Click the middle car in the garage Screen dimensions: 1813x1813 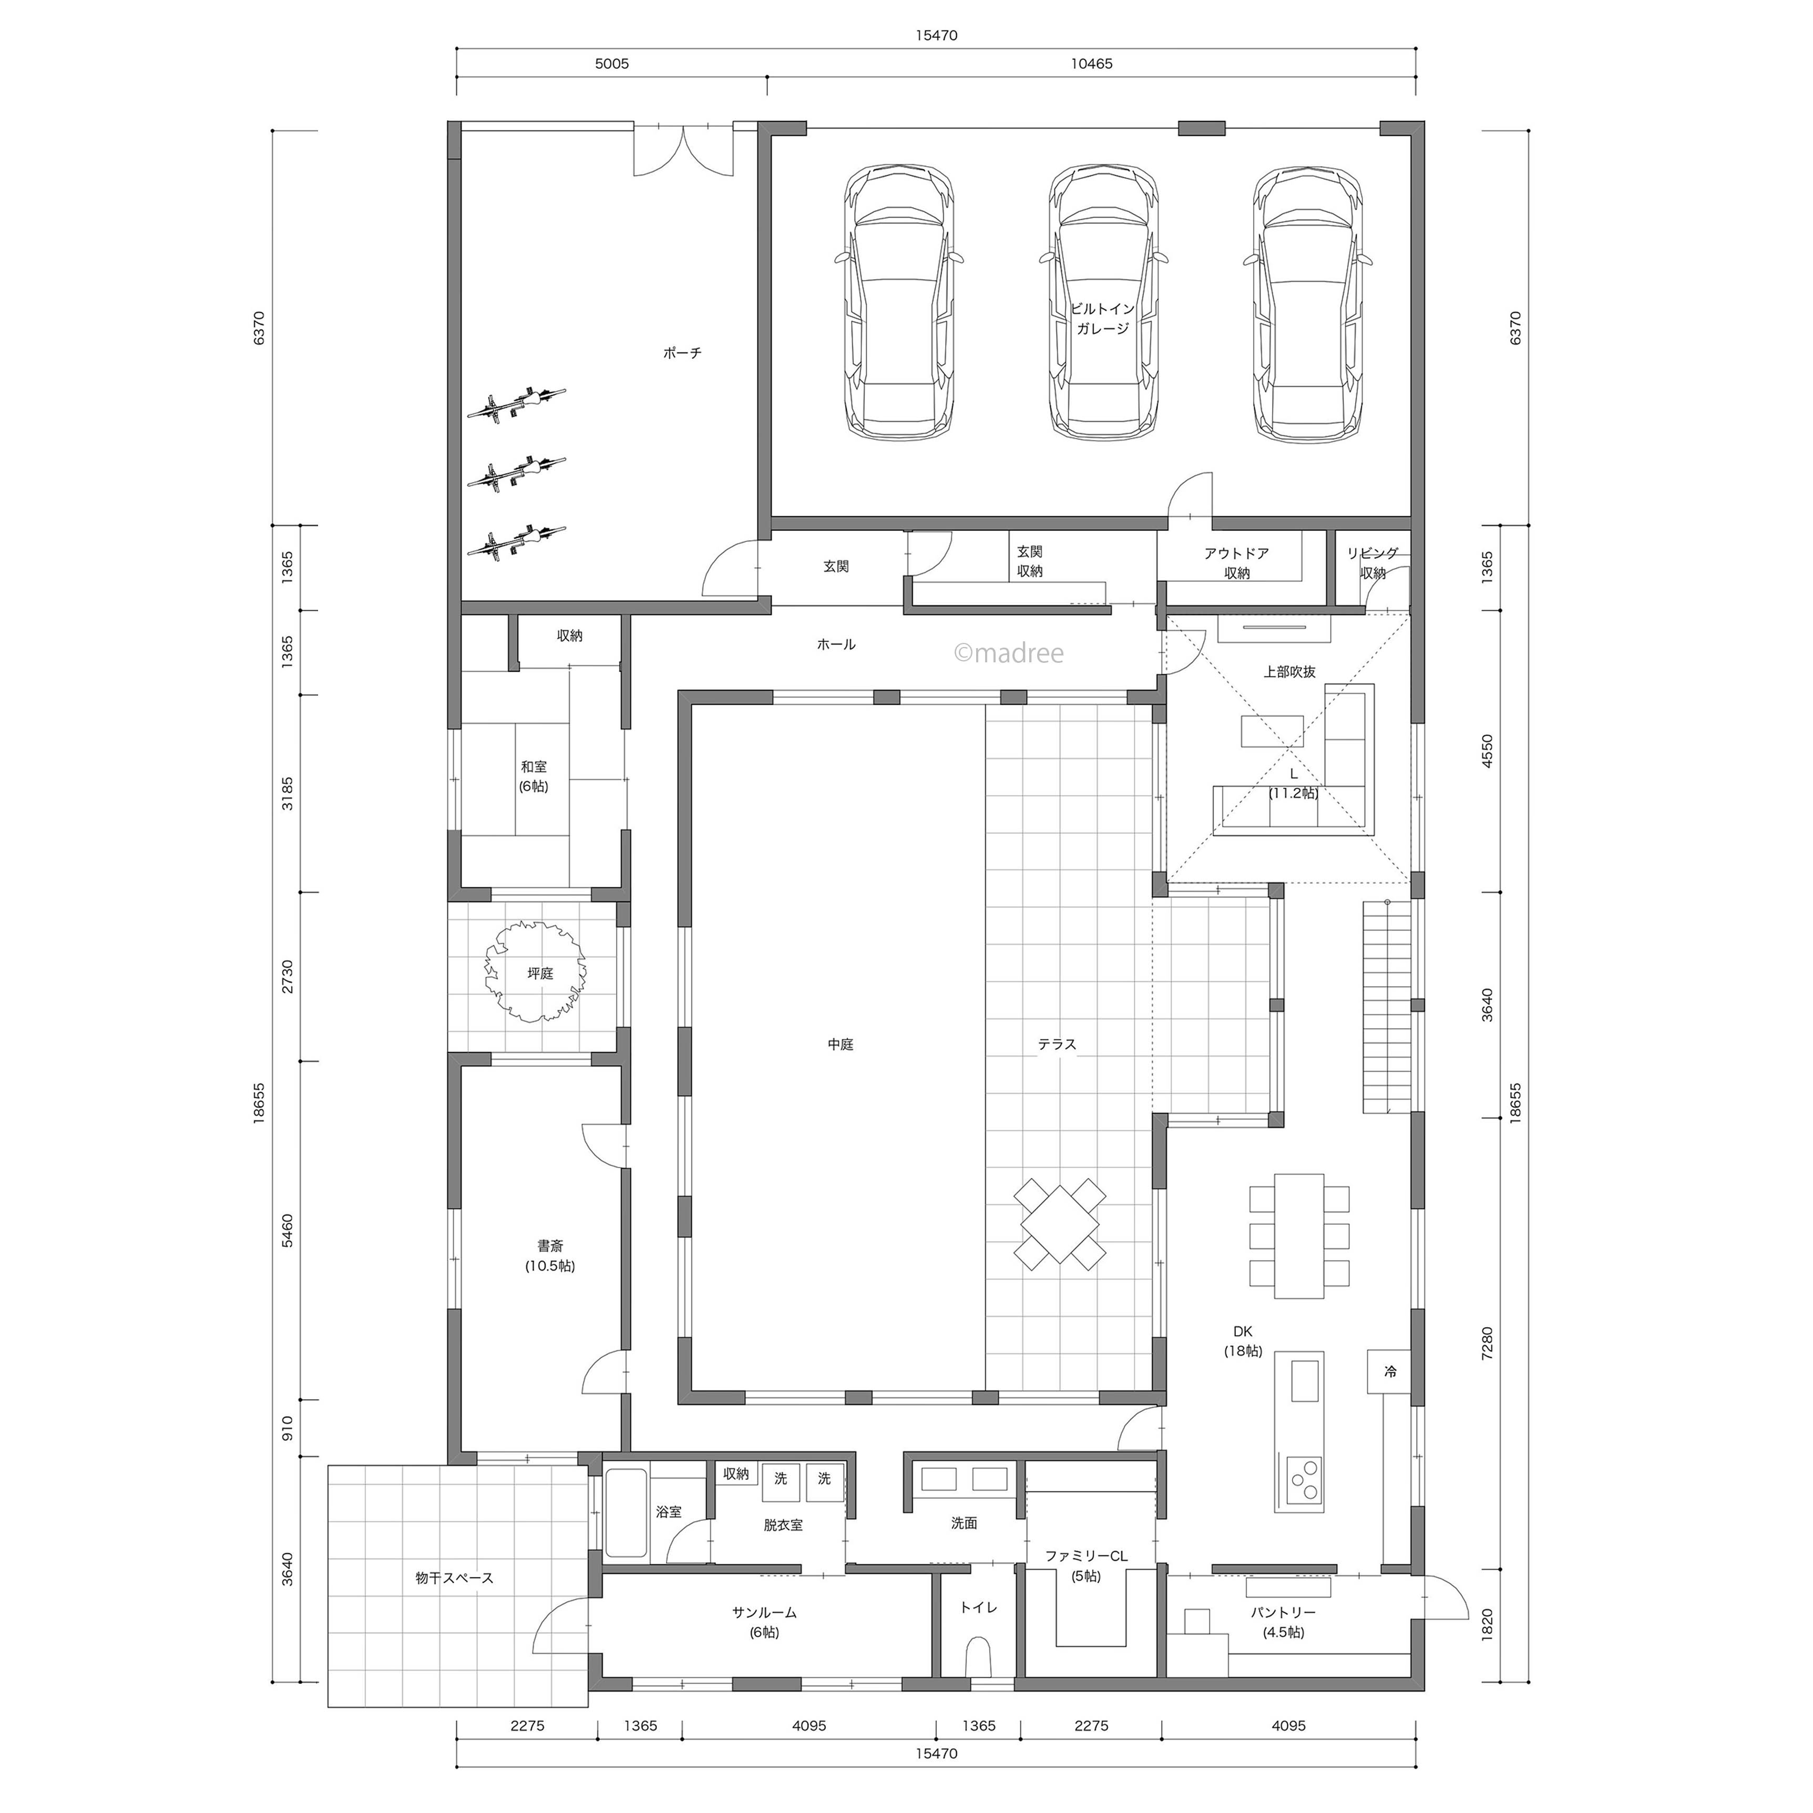1103,302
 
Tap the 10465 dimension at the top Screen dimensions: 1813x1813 1091,64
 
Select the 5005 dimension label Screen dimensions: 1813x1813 612,64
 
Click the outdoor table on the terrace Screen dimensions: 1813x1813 1059,1224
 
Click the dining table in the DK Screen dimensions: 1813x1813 1299,1236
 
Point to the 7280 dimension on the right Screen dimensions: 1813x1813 1487,1343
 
